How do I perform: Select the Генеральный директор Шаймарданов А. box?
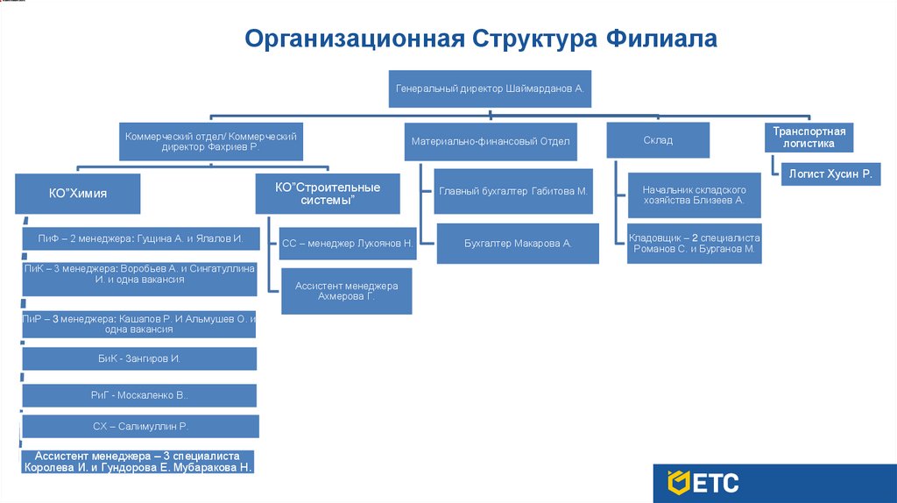490,89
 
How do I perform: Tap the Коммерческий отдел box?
211,141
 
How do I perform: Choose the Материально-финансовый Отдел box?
491,141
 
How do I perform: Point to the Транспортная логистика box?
809,138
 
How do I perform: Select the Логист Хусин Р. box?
830,174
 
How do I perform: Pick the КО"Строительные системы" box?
328,194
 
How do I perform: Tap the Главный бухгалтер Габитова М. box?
512,190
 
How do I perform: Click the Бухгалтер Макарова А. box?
518,244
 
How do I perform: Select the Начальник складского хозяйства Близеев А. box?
694,195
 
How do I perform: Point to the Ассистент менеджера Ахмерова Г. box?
347,292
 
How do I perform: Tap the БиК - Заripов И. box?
139,358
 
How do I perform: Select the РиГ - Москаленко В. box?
139,395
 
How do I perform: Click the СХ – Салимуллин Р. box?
140,427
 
